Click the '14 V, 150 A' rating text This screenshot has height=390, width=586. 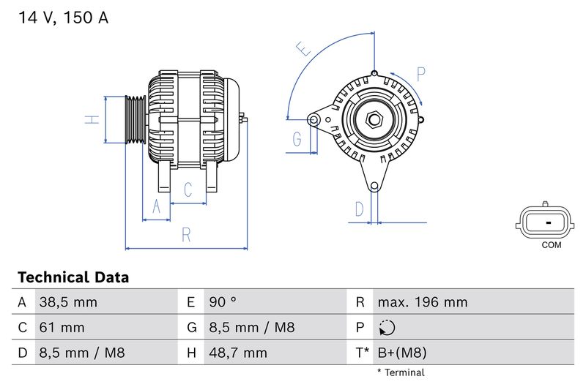62,18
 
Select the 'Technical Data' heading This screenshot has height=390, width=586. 73,277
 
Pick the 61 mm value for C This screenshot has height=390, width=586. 62,327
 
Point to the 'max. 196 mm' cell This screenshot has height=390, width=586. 422,302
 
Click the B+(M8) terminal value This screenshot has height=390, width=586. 402,353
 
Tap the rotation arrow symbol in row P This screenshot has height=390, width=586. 388,328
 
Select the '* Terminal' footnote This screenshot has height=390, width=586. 401,372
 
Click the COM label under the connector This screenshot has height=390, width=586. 551,245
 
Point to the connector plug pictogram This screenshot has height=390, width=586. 546,220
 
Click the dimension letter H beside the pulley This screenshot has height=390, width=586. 92,119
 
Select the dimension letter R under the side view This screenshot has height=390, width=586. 186,235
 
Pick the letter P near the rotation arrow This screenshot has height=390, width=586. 421,73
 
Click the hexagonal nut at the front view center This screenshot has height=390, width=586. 374,119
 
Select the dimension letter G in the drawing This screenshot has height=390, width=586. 297,138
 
